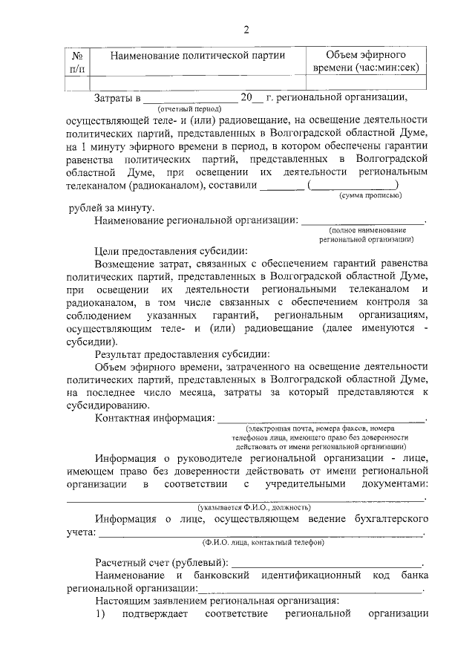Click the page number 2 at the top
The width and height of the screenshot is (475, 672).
[x=247, y=29]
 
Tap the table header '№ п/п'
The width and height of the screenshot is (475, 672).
[x=77, y=62]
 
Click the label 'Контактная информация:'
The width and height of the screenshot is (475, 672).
[x=154, y=417]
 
